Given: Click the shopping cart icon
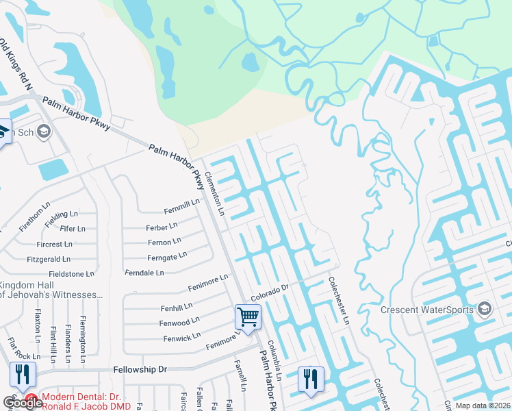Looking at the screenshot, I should tap(248, 317).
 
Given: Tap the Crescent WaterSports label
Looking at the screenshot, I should tap(428, 310).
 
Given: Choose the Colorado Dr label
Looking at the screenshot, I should tap(270, 292).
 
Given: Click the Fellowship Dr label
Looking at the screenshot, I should tap(144, 369).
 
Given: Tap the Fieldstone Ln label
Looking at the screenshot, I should tap(71, 274).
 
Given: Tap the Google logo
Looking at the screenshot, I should tap(22, 402).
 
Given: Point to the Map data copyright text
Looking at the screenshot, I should tap(483, 406).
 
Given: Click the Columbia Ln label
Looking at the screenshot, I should tap(275, 352).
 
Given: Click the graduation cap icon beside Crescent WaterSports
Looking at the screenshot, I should tap(485, 309).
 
